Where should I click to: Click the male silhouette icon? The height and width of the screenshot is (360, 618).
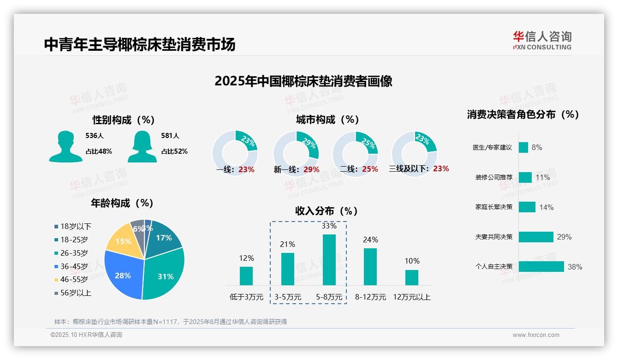[x=66, y=147]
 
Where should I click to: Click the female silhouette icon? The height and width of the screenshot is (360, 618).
[x=142, y=147]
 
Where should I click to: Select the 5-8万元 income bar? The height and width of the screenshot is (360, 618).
[x=329, y=260]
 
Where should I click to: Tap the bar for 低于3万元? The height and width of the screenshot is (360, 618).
[x=246, y=276]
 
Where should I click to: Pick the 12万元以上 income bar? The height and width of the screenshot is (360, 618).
[x=411, y=277]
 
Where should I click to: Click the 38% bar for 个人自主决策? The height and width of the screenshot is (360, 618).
[x=541, y=267]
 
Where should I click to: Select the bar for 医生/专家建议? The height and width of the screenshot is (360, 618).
[x=523, y=147]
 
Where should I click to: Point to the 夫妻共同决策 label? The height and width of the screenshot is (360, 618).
[x=493, y=237]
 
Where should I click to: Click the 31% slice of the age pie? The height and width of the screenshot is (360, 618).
[x=161, y=275]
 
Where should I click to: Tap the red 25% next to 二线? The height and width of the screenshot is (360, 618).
[x=370, y=169]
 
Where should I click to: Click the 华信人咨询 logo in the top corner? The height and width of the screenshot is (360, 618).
[x=542, y=40]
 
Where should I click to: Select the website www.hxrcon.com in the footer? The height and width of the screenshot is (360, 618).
[x=536, y=335]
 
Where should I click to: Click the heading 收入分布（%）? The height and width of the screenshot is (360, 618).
[x=327, y=211]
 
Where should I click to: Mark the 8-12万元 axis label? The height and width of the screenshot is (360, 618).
[x=370, y=297]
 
